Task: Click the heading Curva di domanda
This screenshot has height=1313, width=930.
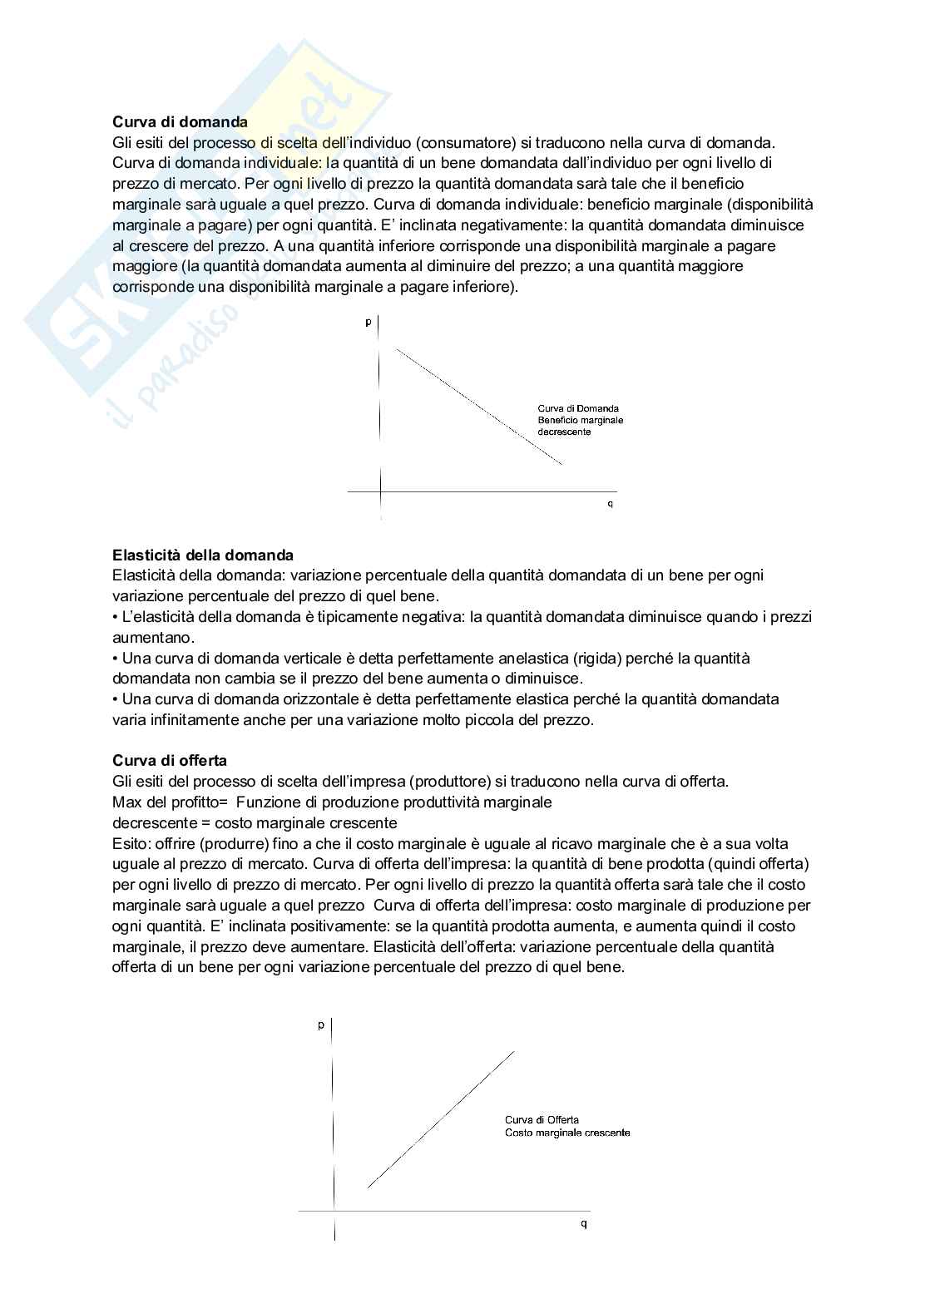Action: (180, 122)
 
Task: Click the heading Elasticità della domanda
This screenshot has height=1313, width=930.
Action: (202, 555)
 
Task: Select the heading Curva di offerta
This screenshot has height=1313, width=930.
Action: (169, 760)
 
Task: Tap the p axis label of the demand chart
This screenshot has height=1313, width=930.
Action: (369, 322)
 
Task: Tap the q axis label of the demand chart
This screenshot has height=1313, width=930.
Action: (610, 504)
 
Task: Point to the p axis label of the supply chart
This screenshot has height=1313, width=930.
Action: (321, 1024)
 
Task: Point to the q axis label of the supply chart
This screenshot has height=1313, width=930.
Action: (583, 1223)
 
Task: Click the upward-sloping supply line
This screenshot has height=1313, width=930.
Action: (441, 1118)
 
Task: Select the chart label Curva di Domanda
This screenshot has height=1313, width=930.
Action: (577, 408)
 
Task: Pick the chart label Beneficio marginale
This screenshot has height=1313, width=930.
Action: (580, 420)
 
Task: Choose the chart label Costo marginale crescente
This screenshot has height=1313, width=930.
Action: (567, 1133)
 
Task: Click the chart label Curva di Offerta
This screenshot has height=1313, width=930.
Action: (542, 1120)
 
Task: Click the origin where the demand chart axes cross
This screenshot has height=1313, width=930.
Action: (380, 491)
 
